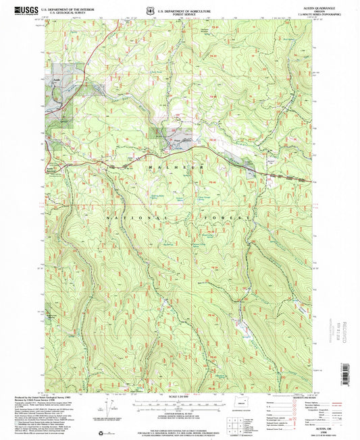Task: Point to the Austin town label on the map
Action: click(x=55, y=80)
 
